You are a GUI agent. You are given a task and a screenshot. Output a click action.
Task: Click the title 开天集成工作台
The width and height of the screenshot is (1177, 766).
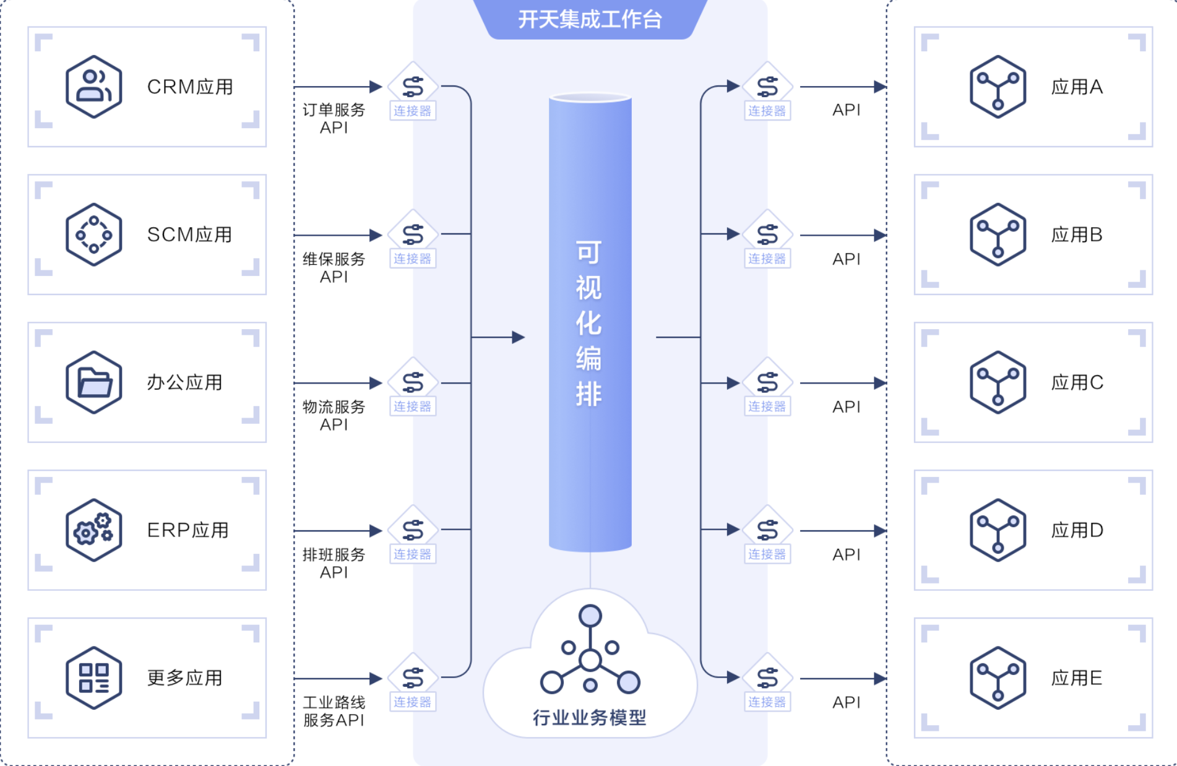(x=590, y=19)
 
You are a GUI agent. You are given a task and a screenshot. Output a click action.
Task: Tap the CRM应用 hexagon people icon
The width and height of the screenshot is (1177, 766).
(x=93, y=87)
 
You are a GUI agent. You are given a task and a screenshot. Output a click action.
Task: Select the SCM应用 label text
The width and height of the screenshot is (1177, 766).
(x=189, y=235)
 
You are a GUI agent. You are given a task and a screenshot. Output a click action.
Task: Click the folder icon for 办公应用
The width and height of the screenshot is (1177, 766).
(x=93, y=382)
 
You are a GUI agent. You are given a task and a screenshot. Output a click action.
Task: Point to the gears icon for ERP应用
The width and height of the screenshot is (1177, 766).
(x=93, y=530)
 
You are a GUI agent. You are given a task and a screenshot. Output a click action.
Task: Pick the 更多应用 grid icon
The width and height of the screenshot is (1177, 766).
(x=93, y=678)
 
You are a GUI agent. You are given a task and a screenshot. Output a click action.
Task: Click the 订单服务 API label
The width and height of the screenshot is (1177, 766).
(x=334, y=118)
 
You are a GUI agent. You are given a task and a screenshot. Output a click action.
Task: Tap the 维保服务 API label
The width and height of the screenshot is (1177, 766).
(x=334, y=267)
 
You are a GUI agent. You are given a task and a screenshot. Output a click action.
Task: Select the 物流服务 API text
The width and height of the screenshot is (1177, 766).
(x=334, y=415)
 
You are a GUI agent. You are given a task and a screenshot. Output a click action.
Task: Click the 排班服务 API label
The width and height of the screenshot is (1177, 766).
(x=334, y=563)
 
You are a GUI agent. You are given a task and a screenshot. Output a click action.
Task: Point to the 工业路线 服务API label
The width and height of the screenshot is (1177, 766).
(x=334, y=711)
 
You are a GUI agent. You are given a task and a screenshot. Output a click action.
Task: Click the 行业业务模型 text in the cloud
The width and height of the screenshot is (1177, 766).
(x=589, y=718)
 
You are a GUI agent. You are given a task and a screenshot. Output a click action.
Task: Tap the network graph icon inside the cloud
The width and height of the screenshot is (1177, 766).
(x=590, y=649)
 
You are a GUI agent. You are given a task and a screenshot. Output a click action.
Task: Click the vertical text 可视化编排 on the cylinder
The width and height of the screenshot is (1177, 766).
(x=588, y=324)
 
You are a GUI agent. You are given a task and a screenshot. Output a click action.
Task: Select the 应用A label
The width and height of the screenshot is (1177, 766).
(x=1077, y=87)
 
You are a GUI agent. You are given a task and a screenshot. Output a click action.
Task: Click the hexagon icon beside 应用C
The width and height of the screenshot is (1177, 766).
(x=998, y=382)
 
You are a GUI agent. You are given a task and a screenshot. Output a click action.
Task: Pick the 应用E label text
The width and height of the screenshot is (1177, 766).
(x=1077, y=678)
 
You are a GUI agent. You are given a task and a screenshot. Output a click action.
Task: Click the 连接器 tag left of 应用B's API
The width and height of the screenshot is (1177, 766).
(x=767, y=259)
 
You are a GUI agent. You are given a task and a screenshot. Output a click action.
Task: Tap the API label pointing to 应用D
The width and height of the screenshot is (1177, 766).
(x=846, y=554)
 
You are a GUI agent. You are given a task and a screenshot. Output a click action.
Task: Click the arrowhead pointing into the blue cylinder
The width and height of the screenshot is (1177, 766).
(x=519, y=337)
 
